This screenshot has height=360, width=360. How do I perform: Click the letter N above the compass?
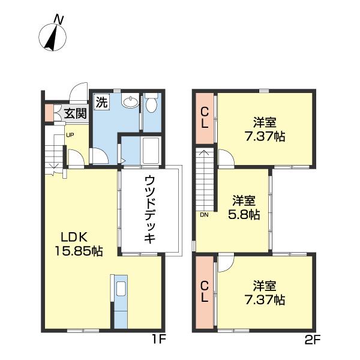(59, 19)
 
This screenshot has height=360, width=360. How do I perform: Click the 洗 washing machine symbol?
(101, 102)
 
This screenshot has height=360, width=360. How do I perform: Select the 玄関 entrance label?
(76, 113)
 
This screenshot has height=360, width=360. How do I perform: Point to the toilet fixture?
(151, 103)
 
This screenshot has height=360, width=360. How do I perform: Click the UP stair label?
(70, 135)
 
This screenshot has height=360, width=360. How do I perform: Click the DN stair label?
(204, 215)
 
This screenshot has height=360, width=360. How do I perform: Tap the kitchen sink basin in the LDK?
(121, 289)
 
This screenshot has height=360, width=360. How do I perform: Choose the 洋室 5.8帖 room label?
(244, 208)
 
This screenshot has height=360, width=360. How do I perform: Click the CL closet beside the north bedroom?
(205, 118)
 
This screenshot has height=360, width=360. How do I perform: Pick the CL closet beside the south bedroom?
(205, 292)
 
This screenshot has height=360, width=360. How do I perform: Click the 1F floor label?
(158, 340)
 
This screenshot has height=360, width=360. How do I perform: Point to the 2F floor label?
(312, 340)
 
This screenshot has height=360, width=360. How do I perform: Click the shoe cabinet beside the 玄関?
(49, 113)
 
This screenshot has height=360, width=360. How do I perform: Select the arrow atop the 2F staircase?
(205, 155)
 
